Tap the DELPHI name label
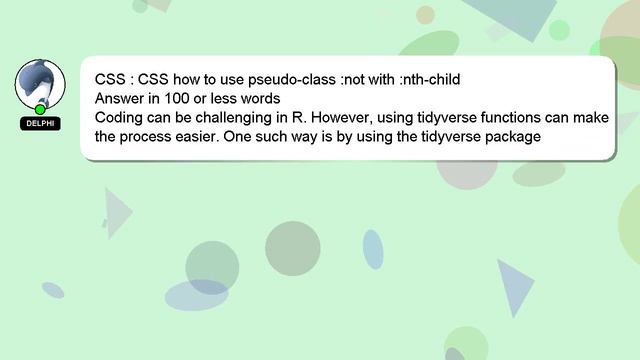point(40,123)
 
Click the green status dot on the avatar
point(40,108)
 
